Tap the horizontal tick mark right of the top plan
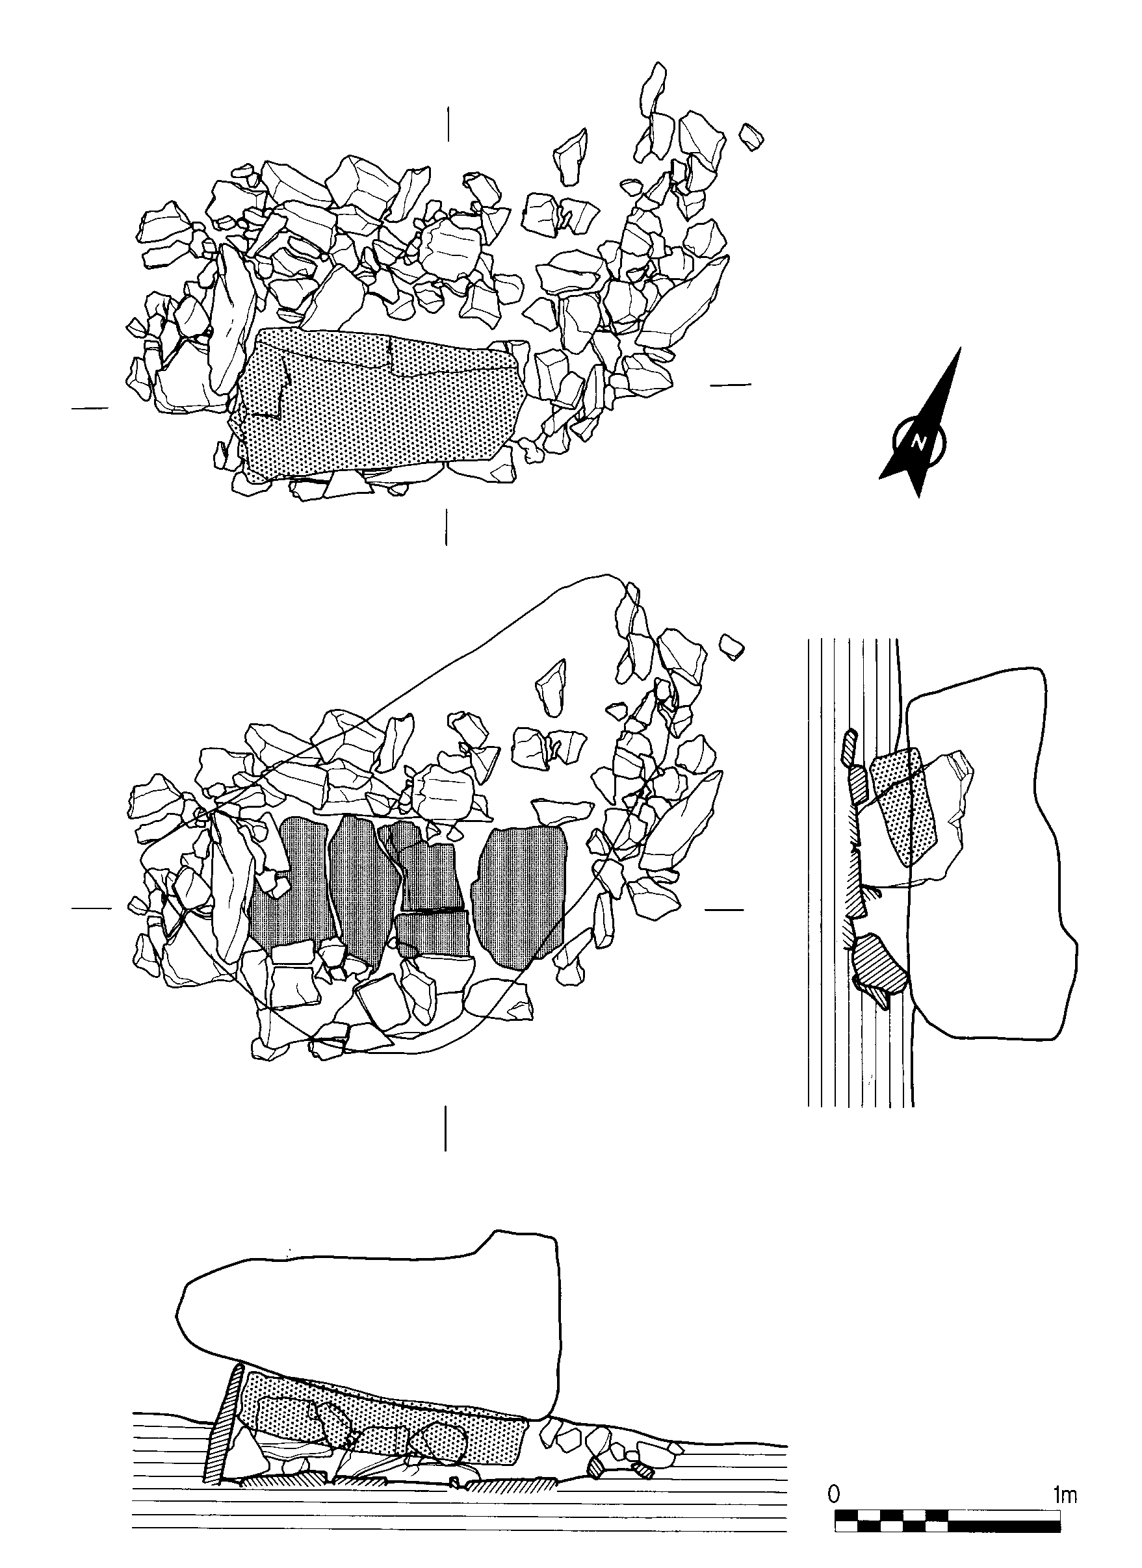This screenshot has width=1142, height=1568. [x=731, y=383]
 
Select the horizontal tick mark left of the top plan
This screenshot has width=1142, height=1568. [x=90, y=408]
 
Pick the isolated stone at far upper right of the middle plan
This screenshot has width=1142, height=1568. [x=731, y=645]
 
